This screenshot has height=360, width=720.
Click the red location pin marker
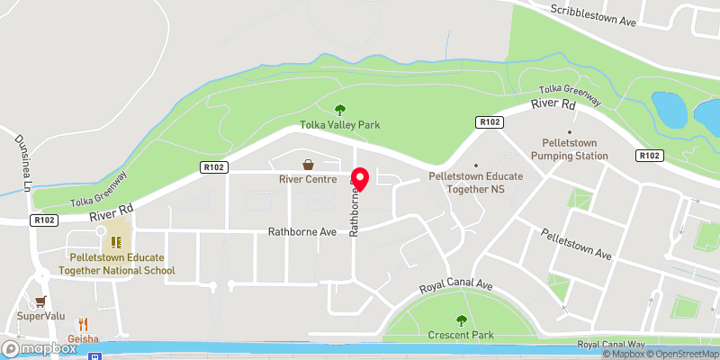[360, 180]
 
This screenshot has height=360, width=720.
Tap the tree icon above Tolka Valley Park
[341, 110]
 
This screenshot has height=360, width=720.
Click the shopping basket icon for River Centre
[309, 165]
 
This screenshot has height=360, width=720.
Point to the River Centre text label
[309, 178]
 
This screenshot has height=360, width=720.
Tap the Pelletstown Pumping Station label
[576, 149]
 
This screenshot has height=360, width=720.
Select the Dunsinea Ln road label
[22, 163]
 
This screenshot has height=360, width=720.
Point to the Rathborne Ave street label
[301, 231]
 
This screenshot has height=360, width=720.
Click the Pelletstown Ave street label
[577, 243]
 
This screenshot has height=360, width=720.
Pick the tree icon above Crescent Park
[462, 319]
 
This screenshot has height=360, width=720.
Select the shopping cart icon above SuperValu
[39, 302]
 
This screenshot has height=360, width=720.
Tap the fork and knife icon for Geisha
[83, 323]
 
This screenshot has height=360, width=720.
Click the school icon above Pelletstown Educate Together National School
[115, 241]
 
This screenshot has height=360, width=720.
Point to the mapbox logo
[40, 348]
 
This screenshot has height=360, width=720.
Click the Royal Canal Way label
[612, 345]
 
